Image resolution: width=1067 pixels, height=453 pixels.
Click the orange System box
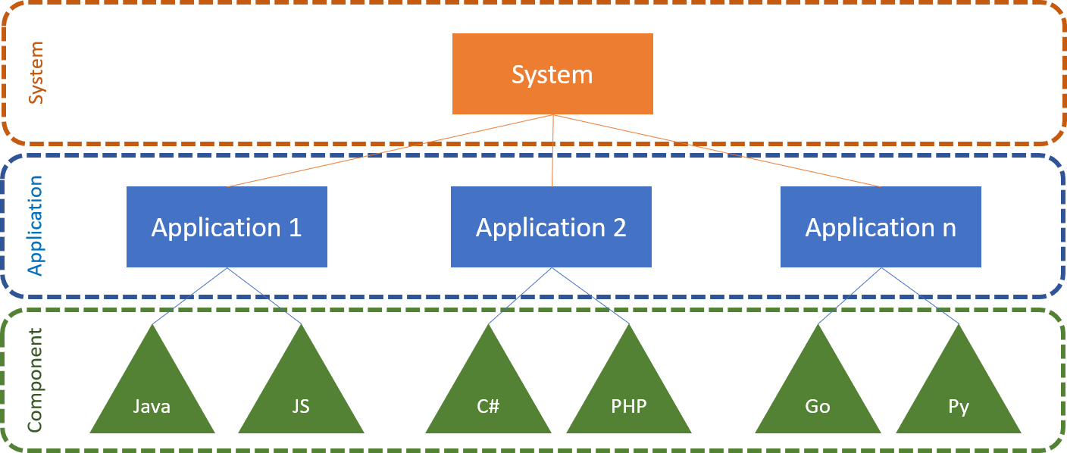coord(552,74)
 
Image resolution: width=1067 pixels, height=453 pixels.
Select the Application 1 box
coord(227,227)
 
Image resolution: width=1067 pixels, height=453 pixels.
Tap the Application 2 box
coord(551,227)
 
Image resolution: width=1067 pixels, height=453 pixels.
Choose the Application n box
coord(881,227)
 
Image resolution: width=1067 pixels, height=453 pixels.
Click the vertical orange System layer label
coord(35,73)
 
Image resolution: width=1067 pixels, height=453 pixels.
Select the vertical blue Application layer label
coord(35,226)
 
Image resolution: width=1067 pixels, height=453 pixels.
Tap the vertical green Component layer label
coord(35,380)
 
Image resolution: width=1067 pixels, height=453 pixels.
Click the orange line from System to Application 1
coord(390,151)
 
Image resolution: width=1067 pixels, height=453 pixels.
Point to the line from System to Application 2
coord(552,151)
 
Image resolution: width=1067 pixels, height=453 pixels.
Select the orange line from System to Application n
coord(717,151)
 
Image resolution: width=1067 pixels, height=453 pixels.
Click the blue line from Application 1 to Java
coord(189,295)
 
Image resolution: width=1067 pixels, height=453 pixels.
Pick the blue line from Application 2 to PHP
coord(590,295)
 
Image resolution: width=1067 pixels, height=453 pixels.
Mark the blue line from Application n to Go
coord(850,295)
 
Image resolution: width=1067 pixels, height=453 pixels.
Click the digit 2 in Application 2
coord(619,227)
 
